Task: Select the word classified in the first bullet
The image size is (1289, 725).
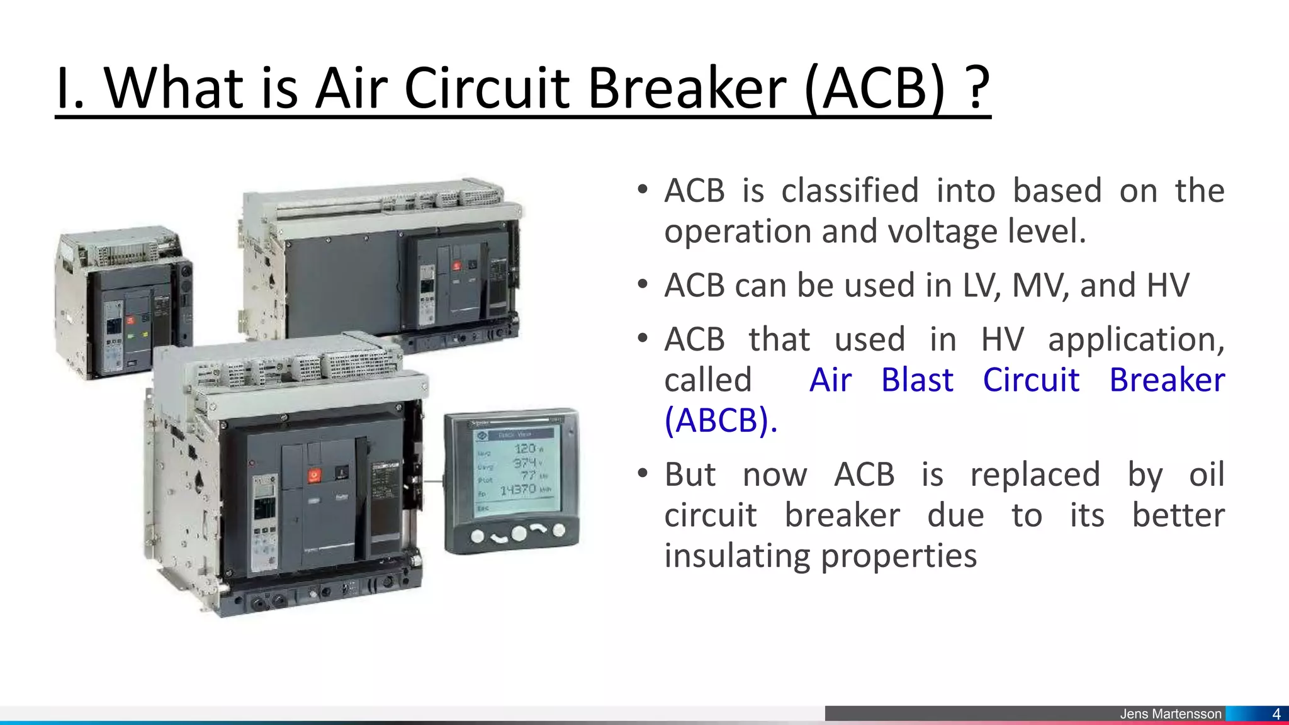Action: [x=850, y=191]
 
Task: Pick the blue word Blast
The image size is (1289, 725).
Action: [x=917, y=380]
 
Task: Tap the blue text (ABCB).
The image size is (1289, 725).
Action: [x=721, y=420]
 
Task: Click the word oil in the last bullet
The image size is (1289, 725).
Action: [x=1206, y=475]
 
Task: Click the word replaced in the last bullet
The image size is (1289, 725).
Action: [x=1035, y=475]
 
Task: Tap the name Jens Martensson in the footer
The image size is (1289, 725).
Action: [x=1170, y=714]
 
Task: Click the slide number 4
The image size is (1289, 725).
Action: [x=1276, y=714]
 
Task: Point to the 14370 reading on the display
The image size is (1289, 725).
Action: [x=517, y=489]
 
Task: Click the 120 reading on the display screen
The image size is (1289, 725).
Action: [x=524, y=448]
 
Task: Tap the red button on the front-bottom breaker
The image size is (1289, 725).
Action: [x=314, y=476]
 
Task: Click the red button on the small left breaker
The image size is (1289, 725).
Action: [x=131, y=320]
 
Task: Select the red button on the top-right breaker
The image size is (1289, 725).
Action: [x=457, y=266]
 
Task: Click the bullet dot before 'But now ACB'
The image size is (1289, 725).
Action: [x=642, y=473]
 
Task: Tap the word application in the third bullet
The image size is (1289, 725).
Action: [x=1136, y=340]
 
